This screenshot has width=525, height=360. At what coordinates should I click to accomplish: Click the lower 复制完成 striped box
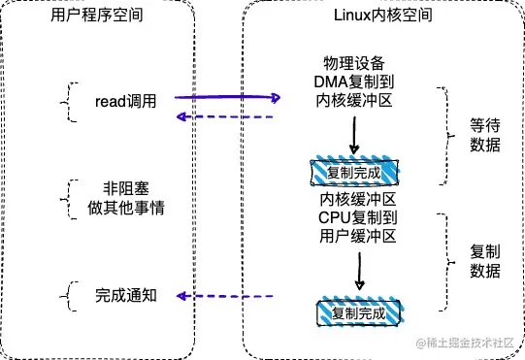tap(357, 313)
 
